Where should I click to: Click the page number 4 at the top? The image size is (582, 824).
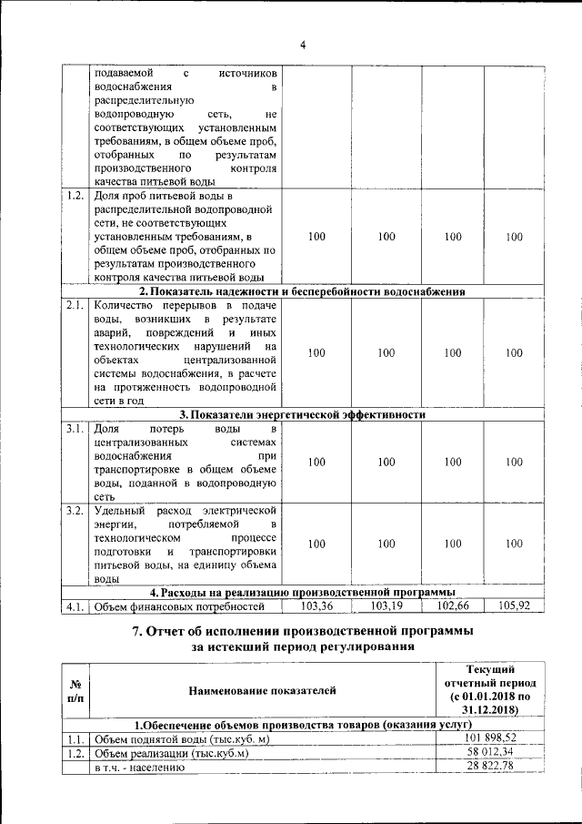point(303,46)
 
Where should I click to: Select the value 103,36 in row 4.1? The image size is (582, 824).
point(316,605)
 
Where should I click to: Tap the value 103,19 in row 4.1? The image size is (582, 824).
point(386,605)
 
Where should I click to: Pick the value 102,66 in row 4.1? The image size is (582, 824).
point(452,605)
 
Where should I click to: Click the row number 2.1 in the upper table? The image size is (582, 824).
point(75,305)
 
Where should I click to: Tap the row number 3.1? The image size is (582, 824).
point(75,427)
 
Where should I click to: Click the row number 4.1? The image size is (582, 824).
point(75,606)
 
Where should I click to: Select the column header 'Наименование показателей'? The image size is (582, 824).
point(263,690)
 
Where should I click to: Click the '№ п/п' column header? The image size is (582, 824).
point(75,690)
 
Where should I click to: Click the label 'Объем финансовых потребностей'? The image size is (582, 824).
point(180,606)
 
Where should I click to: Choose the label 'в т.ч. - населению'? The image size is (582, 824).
point(140,768)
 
